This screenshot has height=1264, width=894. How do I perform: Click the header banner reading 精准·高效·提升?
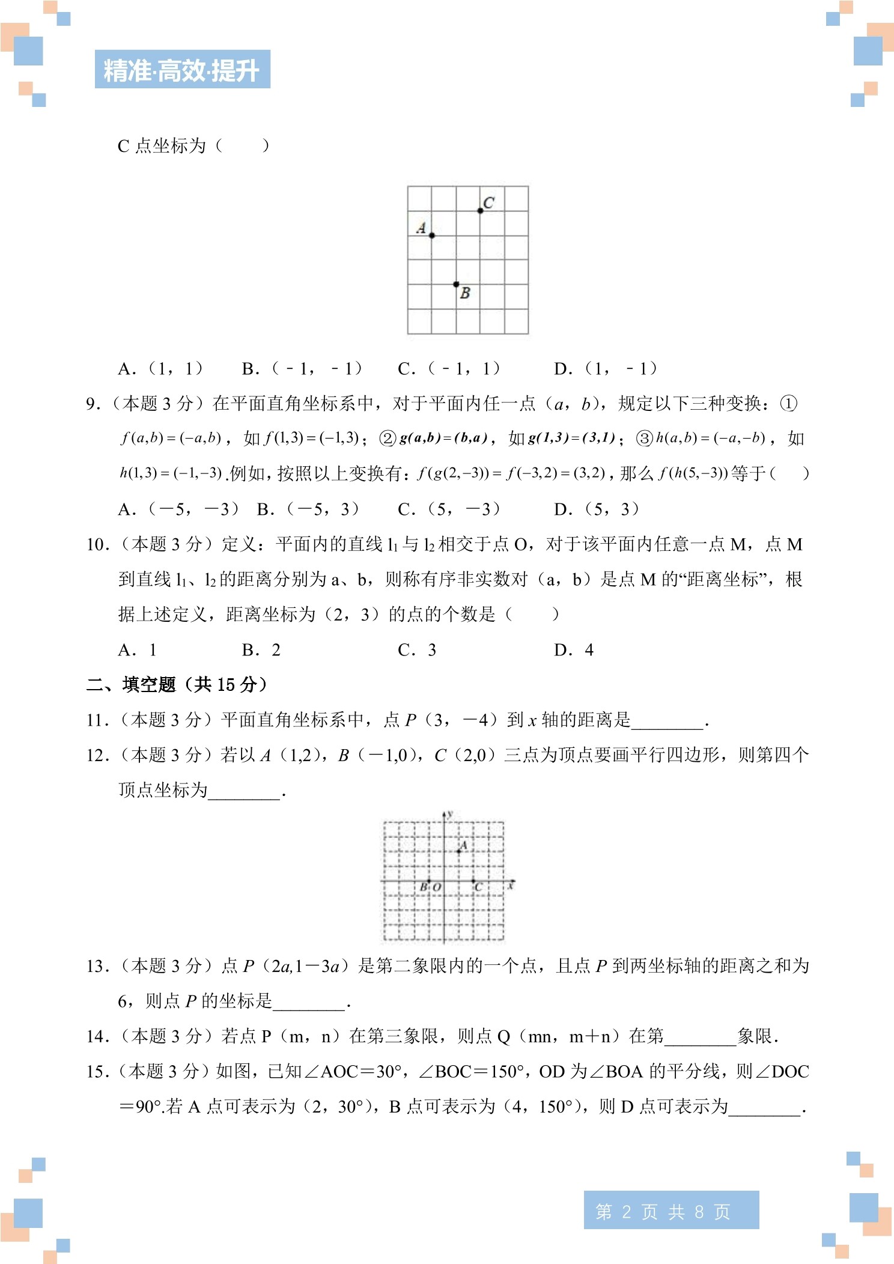tap(182, 70)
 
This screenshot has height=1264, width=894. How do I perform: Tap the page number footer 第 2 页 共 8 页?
tap(670, 1212)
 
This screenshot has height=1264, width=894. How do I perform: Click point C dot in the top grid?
tap(480, 211)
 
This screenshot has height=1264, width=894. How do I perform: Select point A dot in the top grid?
tap(432, 235)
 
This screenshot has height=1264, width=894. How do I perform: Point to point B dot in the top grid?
tap(456, 284)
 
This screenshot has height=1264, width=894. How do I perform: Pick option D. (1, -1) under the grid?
tap(606, 368)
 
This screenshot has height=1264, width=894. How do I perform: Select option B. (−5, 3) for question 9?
tap(308, 509)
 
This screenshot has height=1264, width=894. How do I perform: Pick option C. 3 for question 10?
tap(417, 650)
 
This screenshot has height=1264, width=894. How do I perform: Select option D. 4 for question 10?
tap(574, 650)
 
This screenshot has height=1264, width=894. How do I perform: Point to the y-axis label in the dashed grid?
tap(450, 814)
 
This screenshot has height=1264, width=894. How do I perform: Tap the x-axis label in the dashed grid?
tap(511, 886)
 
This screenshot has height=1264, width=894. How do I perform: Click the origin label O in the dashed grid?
tap(437, 887)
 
